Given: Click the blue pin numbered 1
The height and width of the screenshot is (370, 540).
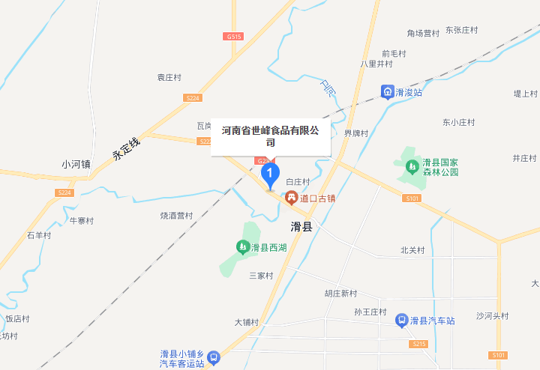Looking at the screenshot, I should pos(270,175).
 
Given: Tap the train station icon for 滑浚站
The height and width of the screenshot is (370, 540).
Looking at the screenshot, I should pos(387,92).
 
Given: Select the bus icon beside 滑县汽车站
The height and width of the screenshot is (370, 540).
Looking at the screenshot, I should pos(402,321).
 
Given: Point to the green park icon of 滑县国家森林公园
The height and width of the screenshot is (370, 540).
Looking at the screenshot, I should pos(412,166).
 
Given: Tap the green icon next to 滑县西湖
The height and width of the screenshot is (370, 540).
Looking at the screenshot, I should pos(242,246).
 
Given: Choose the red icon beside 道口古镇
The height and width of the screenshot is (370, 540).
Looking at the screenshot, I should pos(291,198).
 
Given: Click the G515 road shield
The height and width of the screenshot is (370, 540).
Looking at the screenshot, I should pos(233,36).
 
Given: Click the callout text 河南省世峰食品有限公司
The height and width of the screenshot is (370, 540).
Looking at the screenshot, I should pos(270,136).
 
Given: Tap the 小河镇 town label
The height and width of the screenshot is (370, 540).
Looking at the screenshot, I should pos(76,164).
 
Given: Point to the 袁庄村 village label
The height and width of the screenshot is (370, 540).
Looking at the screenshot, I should pos(169,77).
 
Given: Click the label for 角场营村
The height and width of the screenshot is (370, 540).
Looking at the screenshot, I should pos(423,33).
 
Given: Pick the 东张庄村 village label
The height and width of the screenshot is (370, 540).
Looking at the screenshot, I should pos(461,31).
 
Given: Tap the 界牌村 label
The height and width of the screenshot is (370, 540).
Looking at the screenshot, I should pos(356,134).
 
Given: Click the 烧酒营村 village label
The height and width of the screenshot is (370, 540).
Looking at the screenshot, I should pos(177,216).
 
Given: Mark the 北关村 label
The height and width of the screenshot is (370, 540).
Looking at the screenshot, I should pos(412,250).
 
